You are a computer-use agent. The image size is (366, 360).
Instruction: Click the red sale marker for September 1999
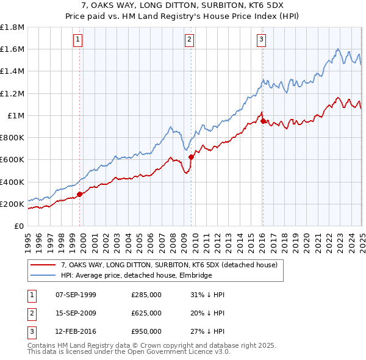[80, 195]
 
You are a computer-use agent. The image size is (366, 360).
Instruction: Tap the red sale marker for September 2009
[191, 157]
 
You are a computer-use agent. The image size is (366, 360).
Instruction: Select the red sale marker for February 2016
[262, 121]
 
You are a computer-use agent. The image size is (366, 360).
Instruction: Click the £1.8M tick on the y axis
[13, 27]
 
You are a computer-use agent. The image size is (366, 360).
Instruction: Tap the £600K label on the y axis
[12, 160]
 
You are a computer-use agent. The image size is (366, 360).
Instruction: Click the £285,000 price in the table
[146, 295]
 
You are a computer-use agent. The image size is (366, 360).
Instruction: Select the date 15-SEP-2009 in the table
[76, 313]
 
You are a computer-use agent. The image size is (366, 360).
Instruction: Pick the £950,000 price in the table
[146, 331]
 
